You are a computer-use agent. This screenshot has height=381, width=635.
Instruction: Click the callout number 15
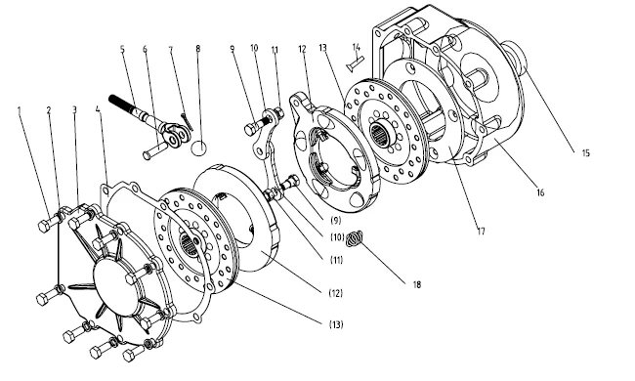coord(585,153)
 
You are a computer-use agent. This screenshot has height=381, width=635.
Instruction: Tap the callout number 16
coord(540,192)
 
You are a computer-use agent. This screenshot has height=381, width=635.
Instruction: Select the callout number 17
coord(481,232)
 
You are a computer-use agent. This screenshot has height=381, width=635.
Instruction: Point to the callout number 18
coord(417,284)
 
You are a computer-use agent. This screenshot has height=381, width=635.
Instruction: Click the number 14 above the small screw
coord(356,47)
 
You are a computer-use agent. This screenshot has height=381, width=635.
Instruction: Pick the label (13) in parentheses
coord(336,324)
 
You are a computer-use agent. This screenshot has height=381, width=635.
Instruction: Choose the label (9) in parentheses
coord(336,220)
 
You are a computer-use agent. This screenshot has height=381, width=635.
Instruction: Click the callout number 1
coord(19,109)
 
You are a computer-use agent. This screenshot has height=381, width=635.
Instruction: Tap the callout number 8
coord(198,49)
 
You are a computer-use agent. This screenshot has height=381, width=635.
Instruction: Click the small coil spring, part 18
coord(356,239)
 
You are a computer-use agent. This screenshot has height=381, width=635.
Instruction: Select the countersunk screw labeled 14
coord(356,63)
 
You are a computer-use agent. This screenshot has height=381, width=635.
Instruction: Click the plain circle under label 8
coord(198,148)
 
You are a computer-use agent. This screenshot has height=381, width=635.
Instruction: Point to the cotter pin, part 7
coord(188,122)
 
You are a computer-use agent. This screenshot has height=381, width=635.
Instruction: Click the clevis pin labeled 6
coord(154,149)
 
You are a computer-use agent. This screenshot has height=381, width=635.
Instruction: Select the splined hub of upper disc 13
coord(380,132)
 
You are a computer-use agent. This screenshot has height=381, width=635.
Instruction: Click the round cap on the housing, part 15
coord(516,60)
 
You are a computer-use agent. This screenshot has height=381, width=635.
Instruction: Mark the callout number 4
coord(98,109)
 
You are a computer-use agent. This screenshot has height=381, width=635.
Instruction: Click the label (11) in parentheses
coord(336,260)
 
